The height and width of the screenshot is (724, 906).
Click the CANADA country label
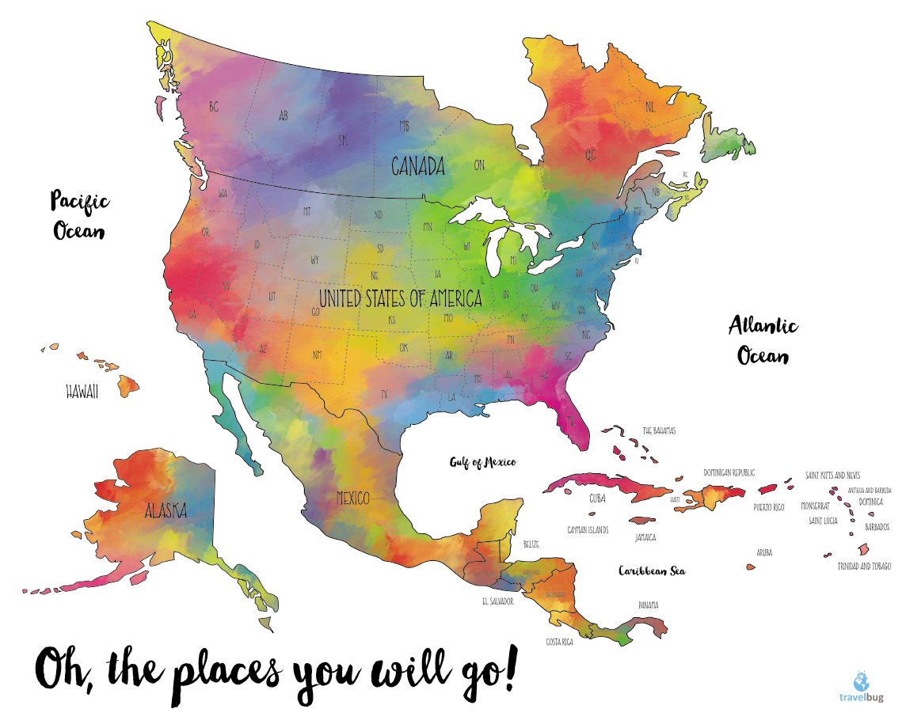coord(418,167)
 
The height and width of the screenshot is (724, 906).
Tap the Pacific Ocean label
coord(80,214)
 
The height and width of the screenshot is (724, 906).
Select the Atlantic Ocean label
coord(763,339)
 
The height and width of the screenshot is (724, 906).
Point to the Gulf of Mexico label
coord(483,462)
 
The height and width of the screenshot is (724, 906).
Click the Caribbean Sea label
coord(652,570)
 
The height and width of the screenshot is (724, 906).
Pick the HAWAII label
coord(82,392)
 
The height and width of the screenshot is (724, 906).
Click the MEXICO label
coord(353,498)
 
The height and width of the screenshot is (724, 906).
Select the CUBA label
coord(597,499)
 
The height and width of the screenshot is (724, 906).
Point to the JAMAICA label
coord(645,537)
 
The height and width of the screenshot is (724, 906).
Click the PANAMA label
coord(649,605)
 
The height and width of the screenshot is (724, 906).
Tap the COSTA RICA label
coord(559,642)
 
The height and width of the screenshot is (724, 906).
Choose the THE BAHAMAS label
coord(659,431)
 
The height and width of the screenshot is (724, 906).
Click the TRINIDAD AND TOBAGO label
coord(864,567)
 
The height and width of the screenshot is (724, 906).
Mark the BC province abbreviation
coord(213,106)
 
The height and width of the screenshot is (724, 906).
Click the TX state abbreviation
coord(385,393)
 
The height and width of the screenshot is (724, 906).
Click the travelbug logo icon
coord(861,682)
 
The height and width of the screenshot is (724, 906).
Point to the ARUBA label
coord(764,552)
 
